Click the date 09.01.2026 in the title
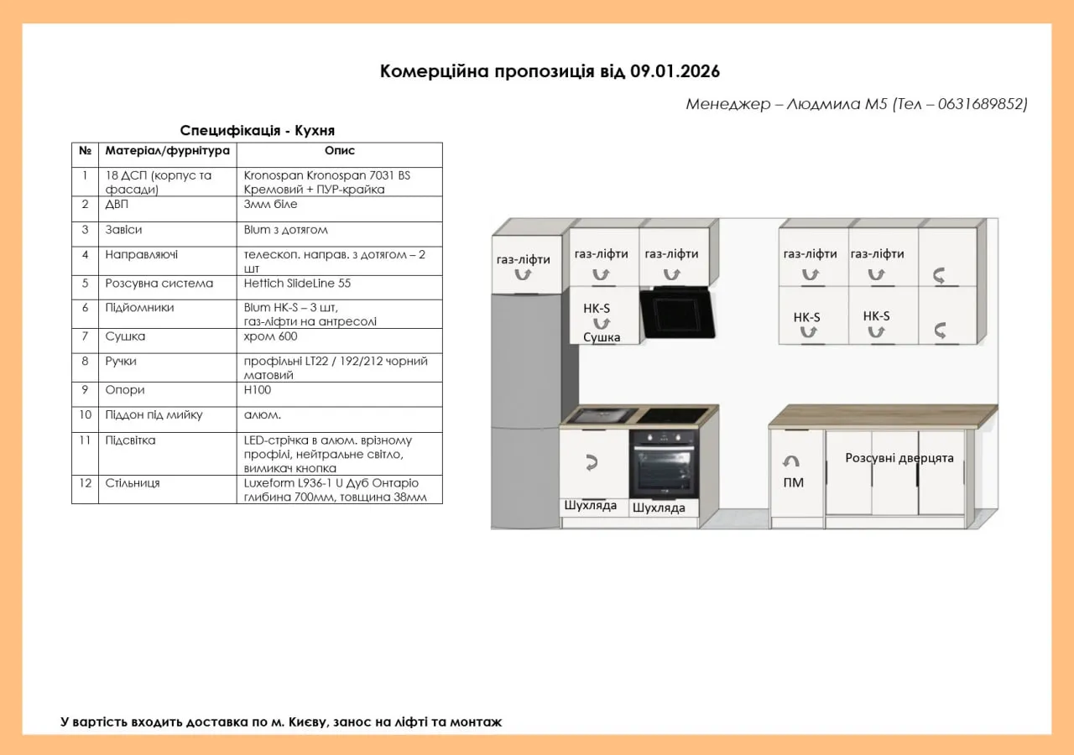click(x=675, y=71)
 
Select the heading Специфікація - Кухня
click(x=258, y=130)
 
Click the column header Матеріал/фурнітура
click(x=167, y=151)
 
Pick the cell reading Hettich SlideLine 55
click(x=297, y=284)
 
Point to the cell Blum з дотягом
click(x=285, y=230)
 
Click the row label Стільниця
click(x=133, y=483)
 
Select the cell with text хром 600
click(x=270, y=336)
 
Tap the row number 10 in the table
click(x=85, y=414)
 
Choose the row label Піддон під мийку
click(x=154, y=414)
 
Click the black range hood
click(x=678, y=312)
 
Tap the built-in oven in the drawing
click(x=663, y=464)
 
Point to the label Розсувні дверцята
click(x=899, y=458)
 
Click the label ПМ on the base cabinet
click(x=793, y=482)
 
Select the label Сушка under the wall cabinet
click(x=602, y=337)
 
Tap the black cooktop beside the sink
click(x=674, y=414)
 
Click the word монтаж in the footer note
click(x=476, y=721)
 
